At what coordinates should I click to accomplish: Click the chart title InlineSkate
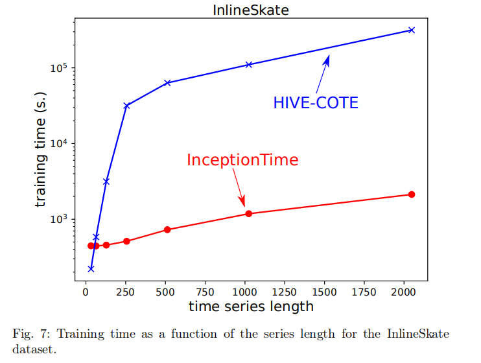click(x=250, y=10)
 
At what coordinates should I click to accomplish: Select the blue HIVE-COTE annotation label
click(x=316, y=103)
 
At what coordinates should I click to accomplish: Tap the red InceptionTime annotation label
click(x=242, y=159)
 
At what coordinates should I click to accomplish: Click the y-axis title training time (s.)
click(x=41, y=159)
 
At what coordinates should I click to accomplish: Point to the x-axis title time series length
click(x=251, y=306)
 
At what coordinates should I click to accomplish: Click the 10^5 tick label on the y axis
click(x=59, y=68)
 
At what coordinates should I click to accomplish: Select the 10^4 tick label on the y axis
click(x=59, y=144)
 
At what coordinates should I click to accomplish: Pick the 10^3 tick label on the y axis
click(x=59, y=219)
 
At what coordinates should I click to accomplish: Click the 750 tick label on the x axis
click(x=205, y=291)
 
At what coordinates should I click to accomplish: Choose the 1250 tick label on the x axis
click(x=285, y=291)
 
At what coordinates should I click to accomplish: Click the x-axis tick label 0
click(x=86, y=291)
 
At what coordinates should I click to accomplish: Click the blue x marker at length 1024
click(x=249, y=65)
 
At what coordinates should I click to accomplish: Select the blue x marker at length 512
click(x=167, y=83)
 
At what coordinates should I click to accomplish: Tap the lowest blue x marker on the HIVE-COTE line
click(x=91, y=268)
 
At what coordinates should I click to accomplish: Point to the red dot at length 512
click(x=167, y=229)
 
